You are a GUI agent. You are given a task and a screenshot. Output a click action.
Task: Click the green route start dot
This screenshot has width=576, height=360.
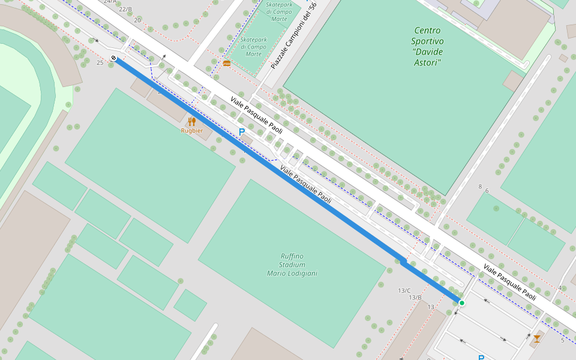461,303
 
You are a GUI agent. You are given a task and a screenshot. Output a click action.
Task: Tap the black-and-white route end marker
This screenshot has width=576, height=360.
113,58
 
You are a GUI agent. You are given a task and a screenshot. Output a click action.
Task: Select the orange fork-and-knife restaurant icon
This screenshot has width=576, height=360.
192,122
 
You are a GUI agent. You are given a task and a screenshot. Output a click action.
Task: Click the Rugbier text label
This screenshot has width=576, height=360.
192,131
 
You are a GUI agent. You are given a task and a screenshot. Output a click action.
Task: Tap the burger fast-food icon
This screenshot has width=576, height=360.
226,63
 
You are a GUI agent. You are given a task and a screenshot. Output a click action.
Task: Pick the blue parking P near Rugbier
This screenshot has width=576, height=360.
242,132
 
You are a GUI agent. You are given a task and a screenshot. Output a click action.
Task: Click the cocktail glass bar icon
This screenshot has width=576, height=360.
536,339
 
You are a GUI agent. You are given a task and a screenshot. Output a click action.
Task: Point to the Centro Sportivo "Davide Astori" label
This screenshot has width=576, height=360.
427,46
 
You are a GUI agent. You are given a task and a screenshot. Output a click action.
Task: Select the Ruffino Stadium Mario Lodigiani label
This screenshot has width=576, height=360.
292,265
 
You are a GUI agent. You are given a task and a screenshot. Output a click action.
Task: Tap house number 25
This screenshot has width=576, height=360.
100,62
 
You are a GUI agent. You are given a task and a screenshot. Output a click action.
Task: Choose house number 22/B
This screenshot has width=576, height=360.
125,9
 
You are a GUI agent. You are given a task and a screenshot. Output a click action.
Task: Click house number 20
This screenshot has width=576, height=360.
137,20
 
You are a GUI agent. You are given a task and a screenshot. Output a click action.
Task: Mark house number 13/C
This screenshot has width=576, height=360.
404,290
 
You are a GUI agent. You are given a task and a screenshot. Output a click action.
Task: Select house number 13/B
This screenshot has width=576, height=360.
415,298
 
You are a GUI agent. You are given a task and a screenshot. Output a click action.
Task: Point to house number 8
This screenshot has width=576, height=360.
480,187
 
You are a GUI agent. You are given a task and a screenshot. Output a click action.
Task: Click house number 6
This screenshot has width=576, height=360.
487,191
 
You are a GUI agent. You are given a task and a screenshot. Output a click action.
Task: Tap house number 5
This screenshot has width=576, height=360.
562,341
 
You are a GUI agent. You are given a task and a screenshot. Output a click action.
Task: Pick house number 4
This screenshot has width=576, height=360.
560,288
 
